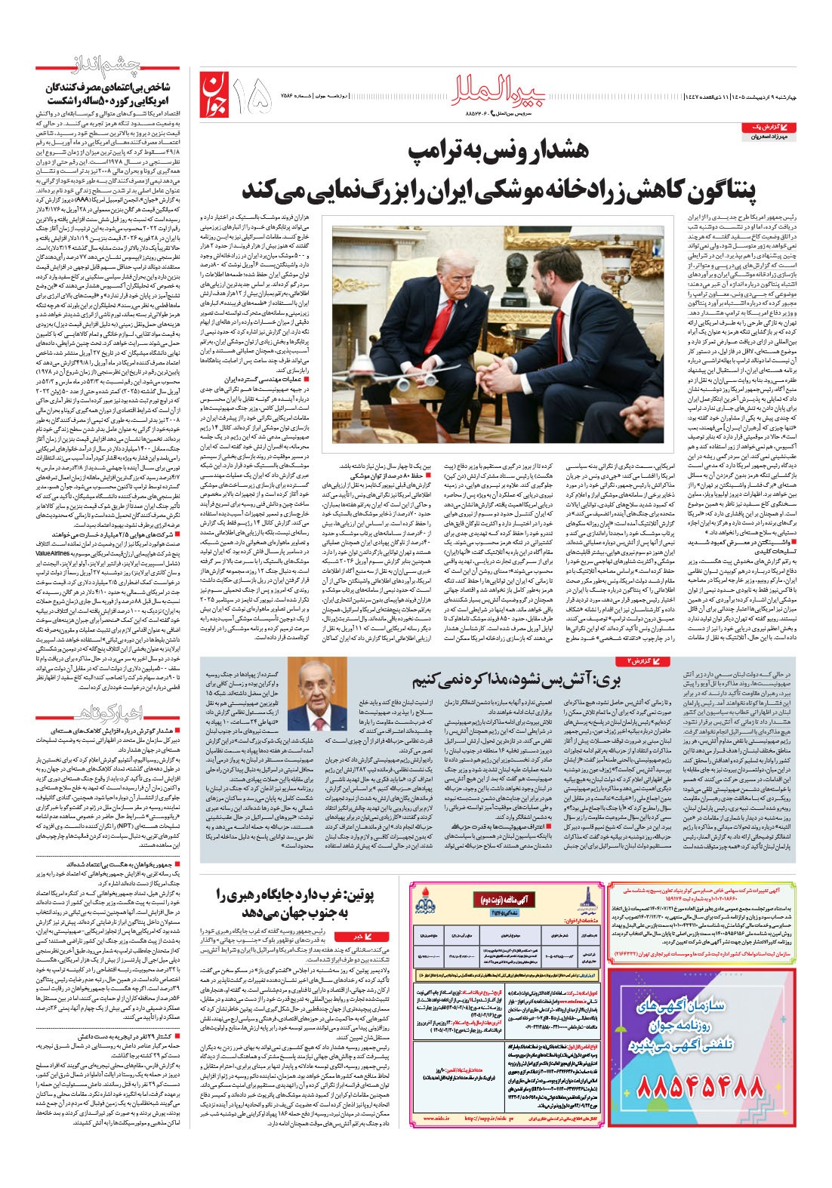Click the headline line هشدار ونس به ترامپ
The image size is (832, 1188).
pyautogui.click(x=494, y=151)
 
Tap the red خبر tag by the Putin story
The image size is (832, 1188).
pyautogui.click(x=356, y=937)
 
